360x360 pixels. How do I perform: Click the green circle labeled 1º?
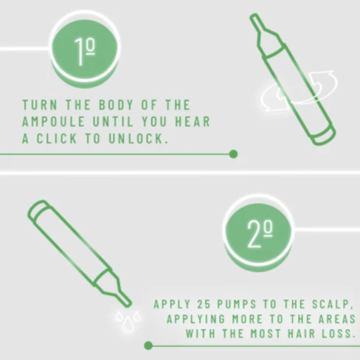click(x=85, y=49)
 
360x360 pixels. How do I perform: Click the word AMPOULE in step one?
click(x=53, y=122)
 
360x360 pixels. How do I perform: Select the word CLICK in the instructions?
click(x=57, y=139)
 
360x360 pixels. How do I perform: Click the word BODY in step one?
click(x=117, y=105)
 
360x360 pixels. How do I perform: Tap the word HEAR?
click(x=193, y=122)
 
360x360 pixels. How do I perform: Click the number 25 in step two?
click(x=204, y=305)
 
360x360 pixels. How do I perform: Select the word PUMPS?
click(x=237, y=305)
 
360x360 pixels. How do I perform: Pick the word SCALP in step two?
click(x=330, y=305)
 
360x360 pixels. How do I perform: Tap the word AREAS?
click(x=338, y=319)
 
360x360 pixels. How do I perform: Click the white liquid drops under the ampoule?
click(x=128, y=321)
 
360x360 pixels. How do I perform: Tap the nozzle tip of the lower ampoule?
click(x=128, y=303)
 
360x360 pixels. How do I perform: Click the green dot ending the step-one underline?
click(x=233, y=154)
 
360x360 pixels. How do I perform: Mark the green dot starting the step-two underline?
click(x=148, y=345)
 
